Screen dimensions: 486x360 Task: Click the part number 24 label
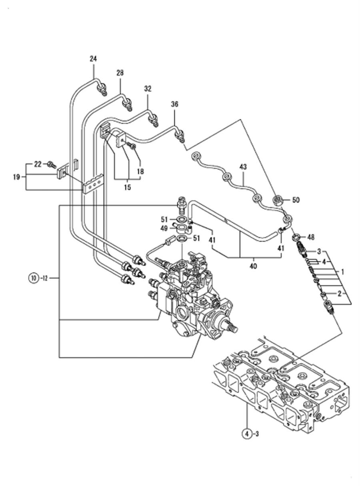pyautogui.click(x=93, y=59)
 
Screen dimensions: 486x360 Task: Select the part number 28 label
pyautogui.click(x=120, y=73)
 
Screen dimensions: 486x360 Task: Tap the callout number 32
pyautogui.click(x=148, y=89)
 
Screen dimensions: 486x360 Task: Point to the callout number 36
pyautogui.click(x=174, y=104)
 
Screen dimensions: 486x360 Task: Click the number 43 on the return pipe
pyautogui.click(x=244, y=166)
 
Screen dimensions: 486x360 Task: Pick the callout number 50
pyautogui.click(x=296, y=200)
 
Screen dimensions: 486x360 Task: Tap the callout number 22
pyautogui.click(x=38, y=164)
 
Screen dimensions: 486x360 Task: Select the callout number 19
pyautogui.click(x=16, y=176)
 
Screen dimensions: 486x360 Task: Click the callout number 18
pyautogui.click(x=140, y=171)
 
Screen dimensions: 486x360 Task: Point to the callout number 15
pyautogui.click(x=127, y=187)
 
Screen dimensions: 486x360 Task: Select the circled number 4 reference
pyautogui.click(x=247, y=433)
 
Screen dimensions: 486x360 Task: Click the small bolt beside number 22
pyautogui.click(x=51, y=164)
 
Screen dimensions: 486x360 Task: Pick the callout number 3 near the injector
pyautogui.click(x=319, y=251)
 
